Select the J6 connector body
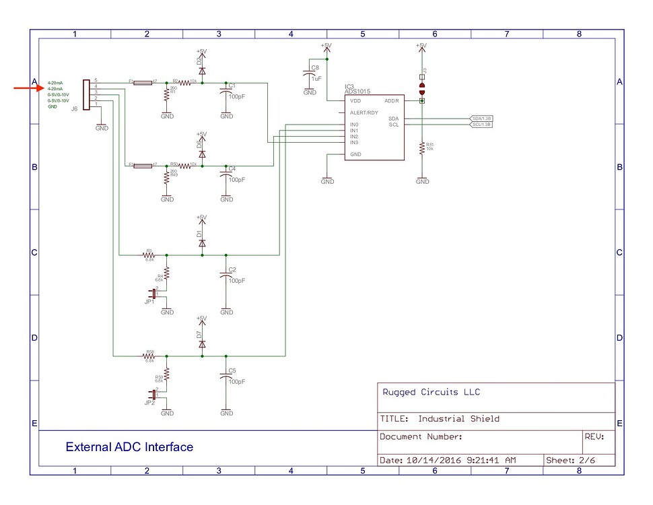(x=85, y=96)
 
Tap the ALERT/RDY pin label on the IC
(x=364, y=112)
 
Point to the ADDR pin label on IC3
(x=392, y=101)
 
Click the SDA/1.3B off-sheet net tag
(x=481, y=119)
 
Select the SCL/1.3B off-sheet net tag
(x=481, y=125)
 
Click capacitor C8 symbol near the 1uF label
(x=310, y=71)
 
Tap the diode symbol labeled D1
(x=202, y=242)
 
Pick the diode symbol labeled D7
(x=202, y=344)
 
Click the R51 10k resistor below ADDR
(x=422, y=149)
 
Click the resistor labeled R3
(x=149, y=255)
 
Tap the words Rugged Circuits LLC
(x=431, y=393)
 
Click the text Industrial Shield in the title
(x=458, y=419)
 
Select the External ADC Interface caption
(x=129, y=447)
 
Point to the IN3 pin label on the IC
(x=354, y=142)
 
